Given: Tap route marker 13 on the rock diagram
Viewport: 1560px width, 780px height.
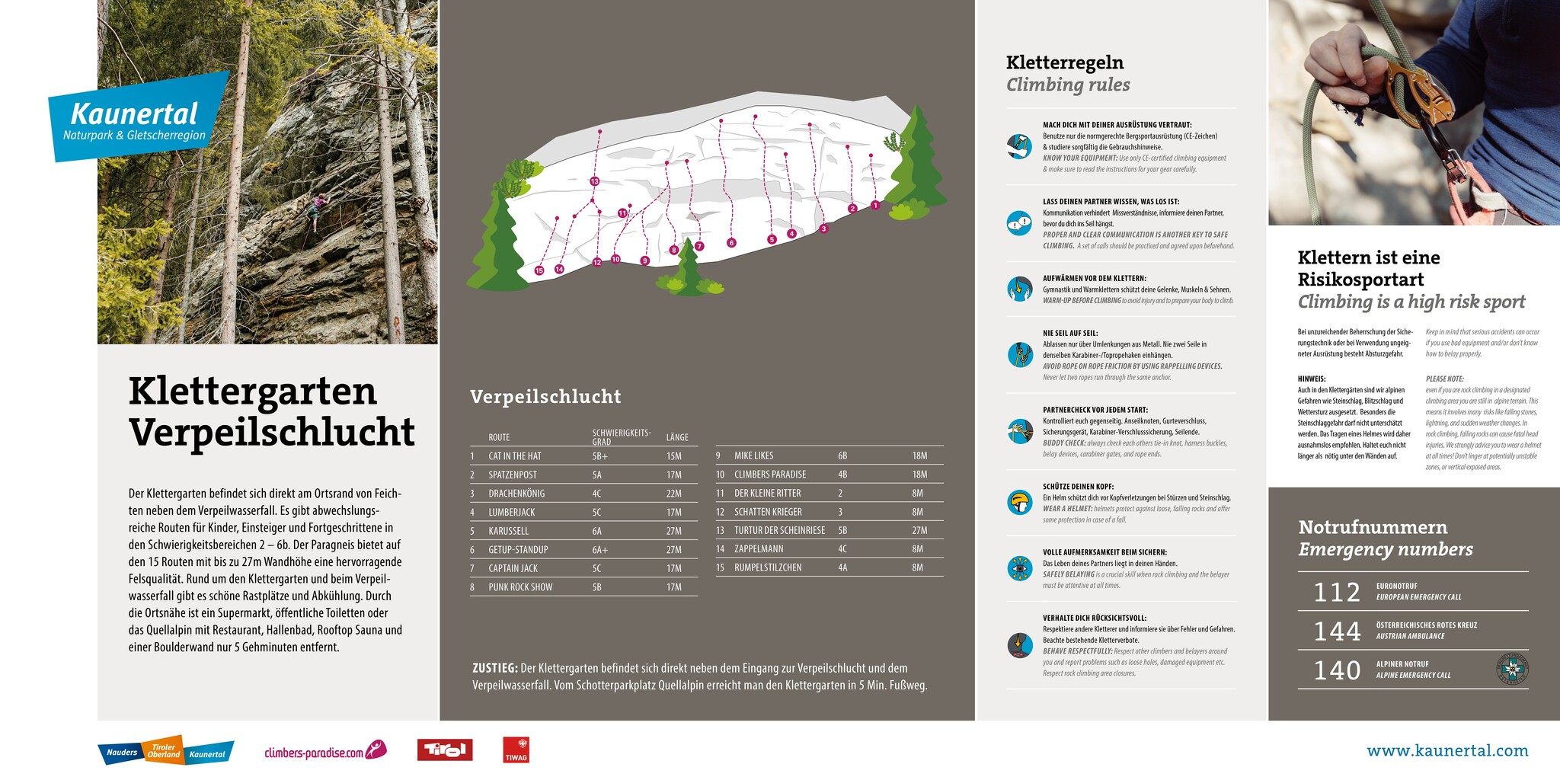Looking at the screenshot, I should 595,181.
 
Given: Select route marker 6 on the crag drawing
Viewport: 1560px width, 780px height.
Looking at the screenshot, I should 731,243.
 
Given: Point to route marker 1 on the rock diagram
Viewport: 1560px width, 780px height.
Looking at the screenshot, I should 875,205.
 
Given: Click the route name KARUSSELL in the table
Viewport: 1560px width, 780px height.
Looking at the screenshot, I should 508,531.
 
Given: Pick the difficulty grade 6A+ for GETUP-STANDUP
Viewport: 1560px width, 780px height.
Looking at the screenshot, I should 600,550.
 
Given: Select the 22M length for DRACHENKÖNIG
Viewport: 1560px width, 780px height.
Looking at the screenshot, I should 674,494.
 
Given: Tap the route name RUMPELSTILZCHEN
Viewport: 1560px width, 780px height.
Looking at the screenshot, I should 768,567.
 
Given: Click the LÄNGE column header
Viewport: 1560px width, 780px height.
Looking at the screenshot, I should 677,437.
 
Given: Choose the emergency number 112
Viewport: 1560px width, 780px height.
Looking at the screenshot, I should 1337,593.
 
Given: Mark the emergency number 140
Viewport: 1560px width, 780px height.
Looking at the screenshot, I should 1337,670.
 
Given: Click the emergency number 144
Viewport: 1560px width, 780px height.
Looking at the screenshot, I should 1337,631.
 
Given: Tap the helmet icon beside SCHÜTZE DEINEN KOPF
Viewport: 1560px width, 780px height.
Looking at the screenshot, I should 1019,503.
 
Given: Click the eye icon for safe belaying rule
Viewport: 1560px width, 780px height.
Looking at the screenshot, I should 1019,569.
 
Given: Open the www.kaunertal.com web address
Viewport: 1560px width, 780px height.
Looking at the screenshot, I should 1447,751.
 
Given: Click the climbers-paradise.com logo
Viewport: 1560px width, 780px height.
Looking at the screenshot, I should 324,752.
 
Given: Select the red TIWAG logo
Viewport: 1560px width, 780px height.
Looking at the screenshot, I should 516,750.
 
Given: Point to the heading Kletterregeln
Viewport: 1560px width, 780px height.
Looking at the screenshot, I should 1064,62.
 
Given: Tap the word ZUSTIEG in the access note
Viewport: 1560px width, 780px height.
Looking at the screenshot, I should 494,668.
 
